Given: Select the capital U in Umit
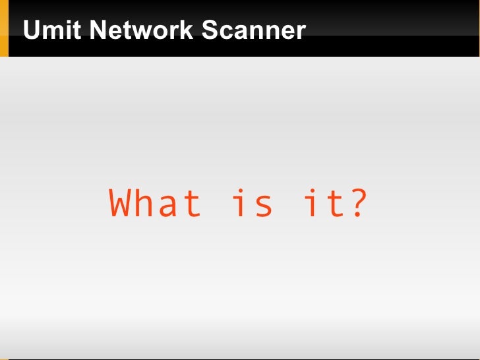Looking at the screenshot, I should coord(30,30).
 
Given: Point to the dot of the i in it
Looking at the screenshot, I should coord(312,191).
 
